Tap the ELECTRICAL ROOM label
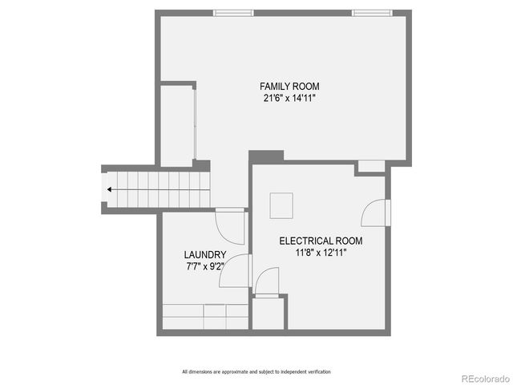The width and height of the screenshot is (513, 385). (321, 241)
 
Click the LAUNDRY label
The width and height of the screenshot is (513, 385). (200, 255)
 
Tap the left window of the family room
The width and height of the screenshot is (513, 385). (233, 13)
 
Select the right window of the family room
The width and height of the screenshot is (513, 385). (371, 13)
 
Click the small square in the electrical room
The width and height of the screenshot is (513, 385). (281, 205)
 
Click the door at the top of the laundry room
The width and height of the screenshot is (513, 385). (232, 226)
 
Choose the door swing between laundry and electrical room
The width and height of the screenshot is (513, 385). (236, 271)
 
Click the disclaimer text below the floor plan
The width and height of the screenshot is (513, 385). (256, 371)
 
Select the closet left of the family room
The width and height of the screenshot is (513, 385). (177, 125)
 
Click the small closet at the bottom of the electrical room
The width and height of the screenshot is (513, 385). (268, 314)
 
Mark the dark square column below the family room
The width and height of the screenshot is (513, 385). (266, 156)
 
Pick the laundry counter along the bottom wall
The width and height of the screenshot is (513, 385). (205, 317)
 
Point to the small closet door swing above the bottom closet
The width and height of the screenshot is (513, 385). (268, 282)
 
